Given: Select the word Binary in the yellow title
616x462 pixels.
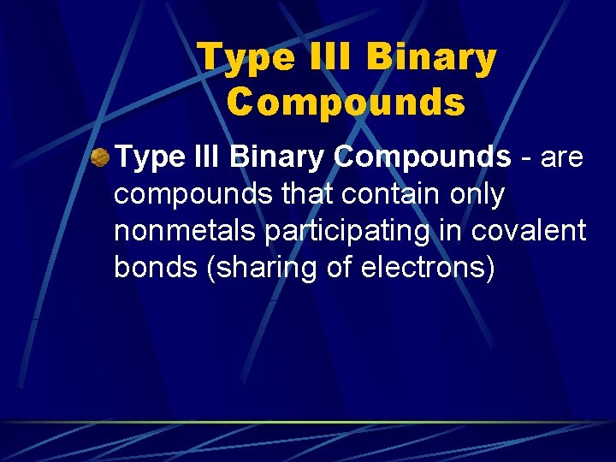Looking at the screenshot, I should [x=433, y=59].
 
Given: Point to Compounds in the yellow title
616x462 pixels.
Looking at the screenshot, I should [x=346, y=103].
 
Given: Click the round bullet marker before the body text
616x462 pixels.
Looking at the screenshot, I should [x=100, y=157].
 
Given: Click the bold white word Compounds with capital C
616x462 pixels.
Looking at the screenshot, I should [x=422, y=157].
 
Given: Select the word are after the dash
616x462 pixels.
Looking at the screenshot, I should [x=560, y=157].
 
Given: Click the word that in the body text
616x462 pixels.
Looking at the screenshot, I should [x=305, y=194].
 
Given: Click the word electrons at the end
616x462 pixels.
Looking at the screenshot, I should [x=424, y=269].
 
